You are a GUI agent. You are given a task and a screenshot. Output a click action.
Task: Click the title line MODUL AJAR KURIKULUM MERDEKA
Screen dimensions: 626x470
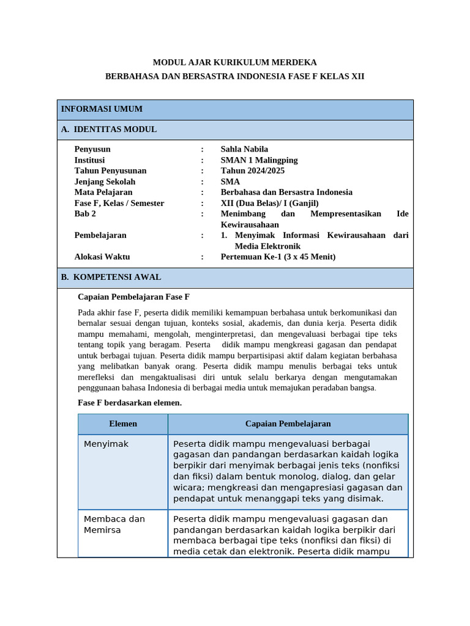[234, 62]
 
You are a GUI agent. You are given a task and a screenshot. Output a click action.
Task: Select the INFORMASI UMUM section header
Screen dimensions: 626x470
[102, 109]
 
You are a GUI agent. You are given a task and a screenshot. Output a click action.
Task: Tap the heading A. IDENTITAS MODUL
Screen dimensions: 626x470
[109, 130]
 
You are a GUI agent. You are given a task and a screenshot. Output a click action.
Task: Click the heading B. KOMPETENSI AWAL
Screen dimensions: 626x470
[111, 278]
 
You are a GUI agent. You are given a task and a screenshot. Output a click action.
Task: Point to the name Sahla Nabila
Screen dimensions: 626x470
[244, 149]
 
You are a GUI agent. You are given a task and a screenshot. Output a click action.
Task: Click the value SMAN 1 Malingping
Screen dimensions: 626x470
[259, 160]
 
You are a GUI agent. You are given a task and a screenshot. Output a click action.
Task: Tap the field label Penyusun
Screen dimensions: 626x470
[92, 149]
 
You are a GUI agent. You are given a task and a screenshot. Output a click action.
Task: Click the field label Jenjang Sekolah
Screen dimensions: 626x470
[105, 182]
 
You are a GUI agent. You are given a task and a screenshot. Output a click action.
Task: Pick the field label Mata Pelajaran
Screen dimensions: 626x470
[103, 192]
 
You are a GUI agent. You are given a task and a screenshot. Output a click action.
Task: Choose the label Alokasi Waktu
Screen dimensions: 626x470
[102, 257]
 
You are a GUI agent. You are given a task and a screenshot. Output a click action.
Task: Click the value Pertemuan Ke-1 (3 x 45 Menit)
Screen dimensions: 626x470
[278, 257]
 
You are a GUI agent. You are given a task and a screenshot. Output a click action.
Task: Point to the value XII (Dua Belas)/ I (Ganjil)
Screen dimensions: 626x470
[269, 203]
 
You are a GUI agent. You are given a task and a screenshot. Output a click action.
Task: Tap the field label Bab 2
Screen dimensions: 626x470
[85, 214]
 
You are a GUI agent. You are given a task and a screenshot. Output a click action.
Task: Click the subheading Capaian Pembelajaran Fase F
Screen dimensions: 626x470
[134, 297]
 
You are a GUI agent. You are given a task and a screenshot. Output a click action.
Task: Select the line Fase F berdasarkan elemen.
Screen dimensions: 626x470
[130, 403]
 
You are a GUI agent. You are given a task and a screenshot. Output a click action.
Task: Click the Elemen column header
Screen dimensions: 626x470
[123, 424]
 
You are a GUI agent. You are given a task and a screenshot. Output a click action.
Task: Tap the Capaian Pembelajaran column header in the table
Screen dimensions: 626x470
[288, 424]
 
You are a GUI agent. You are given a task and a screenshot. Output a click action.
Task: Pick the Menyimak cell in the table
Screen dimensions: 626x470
[106, 444]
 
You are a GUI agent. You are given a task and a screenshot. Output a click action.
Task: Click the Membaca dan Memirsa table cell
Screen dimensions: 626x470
[114, 525]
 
